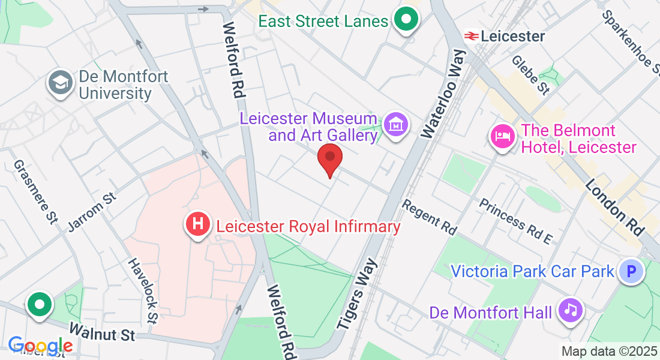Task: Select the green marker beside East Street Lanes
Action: tap(406, 21)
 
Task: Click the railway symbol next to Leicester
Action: tap(471, 36)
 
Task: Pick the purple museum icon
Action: tap(396, 125)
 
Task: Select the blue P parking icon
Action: tap(631, 272)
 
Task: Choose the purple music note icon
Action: tap(571, 310)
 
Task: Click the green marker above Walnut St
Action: tap(40, 304)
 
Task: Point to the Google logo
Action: tap(40, 346)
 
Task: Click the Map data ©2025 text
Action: tap(608, 351)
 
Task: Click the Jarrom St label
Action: tap(91, 211)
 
